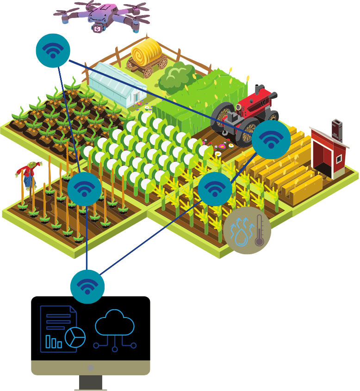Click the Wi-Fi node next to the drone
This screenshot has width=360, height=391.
point(53,50)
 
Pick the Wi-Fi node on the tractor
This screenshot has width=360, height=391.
point(271,139)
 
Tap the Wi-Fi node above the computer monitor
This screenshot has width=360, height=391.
point(87,286)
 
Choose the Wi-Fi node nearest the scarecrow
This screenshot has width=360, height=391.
point(84,189)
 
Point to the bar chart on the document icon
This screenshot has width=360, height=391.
point(53,342)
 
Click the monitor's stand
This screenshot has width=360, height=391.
point(91,383)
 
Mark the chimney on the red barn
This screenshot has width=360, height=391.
point(336,129)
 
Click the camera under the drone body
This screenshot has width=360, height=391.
point(98,29)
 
